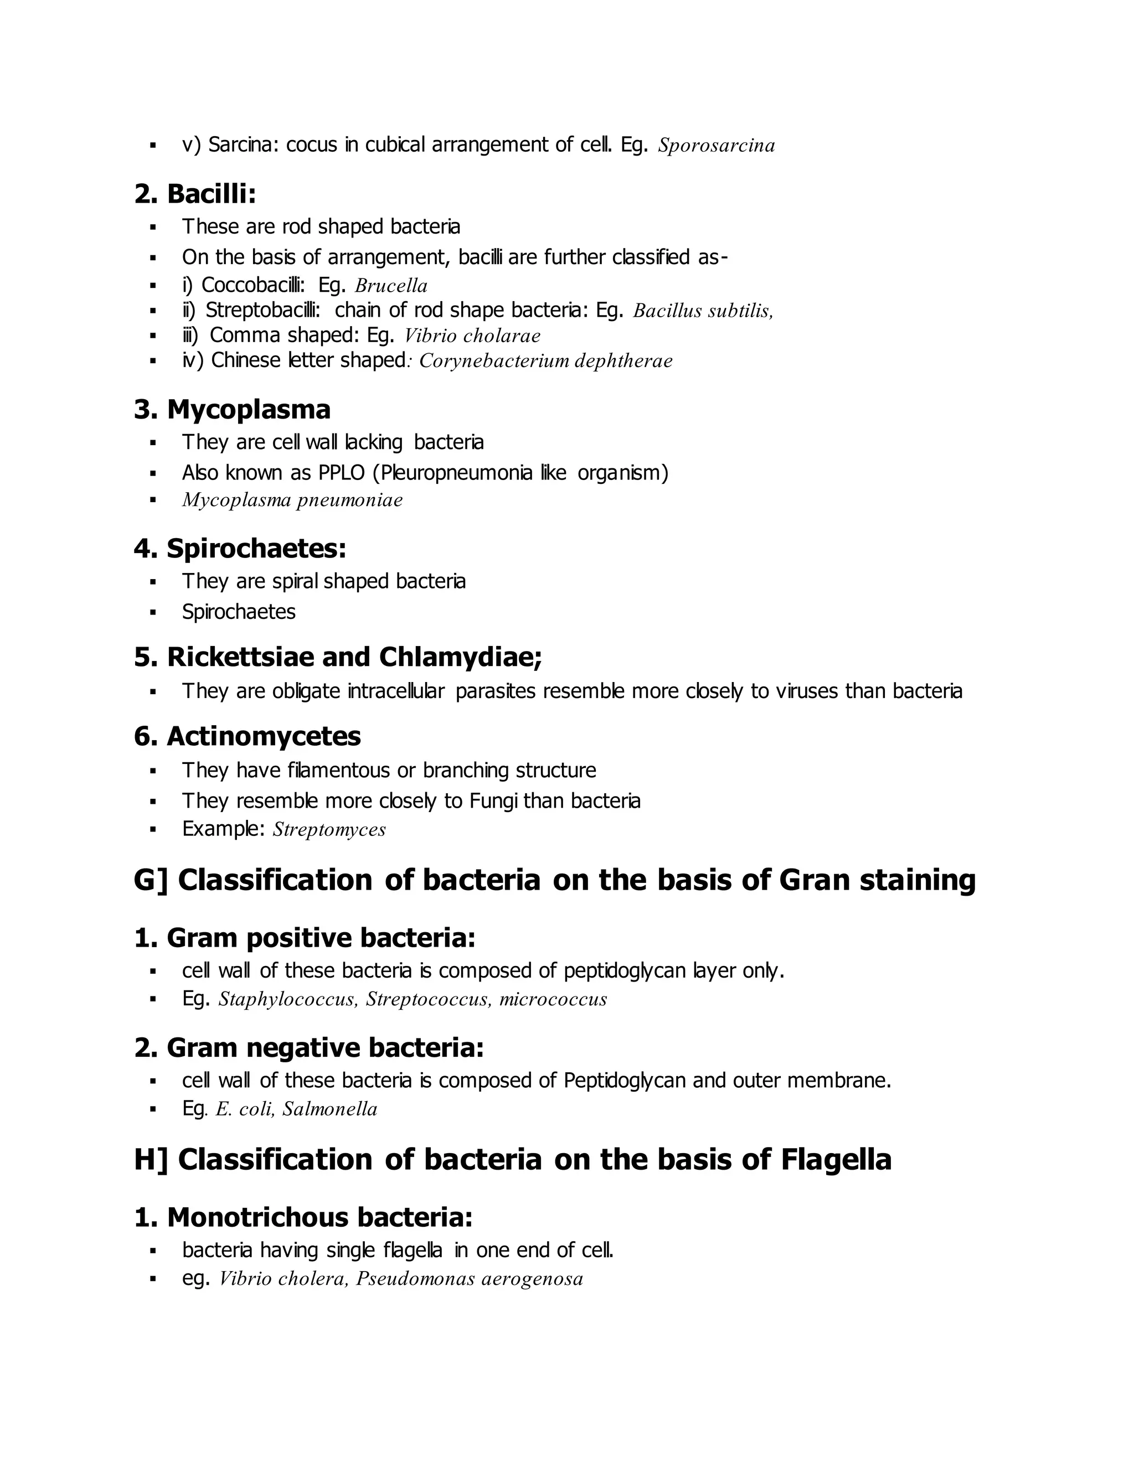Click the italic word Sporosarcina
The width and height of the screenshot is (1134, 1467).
coord(716,146)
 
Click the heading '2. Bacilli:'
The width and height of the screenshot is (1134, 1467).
coord(195,194)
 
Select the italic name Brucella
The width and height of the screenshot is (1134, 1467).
coord(391,286)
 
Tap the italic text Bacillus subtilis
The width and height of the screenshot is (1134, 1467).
coord(702,311)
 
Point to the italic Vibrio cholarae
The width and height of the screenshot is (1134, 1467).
coord(472,336)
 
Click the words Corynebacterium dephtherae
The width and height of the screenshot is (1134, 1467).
coord(545,361)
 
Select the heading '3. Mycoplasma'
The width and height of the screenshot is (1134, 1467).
coord(233,410)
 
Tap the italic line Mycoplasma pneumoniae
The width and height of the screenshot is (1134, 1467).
coord(292,500)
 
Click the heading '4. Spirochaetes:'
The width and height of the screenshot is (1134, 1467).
coord(240,549)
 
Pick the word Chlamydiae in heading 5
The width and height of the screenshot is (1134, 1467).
coord(460,658)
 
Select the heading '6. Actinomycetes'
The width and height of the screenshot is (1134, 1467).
coord(247,737)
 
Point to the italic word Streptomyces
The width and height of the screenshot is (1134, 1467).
coord(329,830)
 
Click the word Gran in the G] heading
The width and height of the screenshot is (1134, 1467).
coord(814,881)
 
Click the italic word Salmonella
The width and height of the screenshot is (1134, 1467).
coord(330,1109)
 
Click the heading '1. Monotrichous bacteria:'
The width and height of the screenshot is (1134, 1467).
coord(303,1217)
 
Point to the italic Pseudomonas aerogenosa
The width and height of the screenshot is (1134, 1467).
coord(469,1279)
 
